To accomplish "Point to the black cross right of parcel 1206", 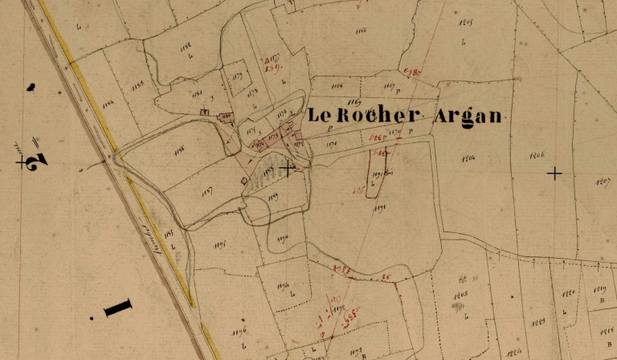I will coord(554,173).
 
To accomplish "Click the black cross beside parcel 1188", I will coord(288,168).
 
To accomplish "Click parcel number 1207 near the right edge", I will coord(602,182).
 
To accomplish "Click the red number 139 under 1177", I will coord(272,68).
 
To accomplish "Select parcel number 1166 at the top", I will coord(359,30).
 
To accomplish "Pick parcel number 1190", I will coord(281,239).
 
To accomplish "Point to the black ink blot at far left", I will coord(31,86).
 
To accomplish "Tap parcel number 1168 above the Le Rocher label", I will coord(337,84).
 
